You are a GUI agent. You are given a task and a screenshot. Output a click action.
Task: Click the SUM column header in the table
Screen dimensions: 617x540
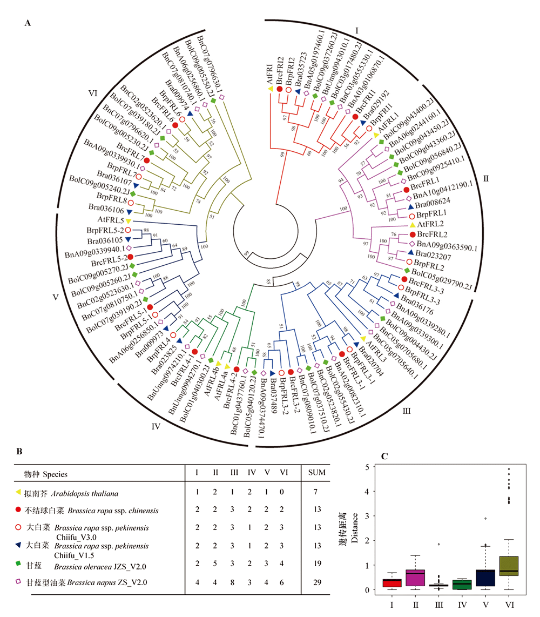317,473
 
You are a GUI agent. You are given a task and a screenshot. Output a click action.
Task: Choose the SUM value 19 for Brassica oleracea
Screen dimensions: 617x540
317,565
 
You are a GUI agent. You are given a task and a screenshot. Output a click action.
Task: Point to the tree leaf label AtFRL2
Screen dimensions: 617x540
433,224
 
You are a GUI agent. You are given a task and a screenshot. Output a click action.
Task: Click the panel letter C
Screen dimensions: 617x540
384,456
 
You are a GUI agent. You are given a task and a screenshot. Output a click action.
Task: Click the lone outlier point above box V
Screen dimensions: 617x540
485,518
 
